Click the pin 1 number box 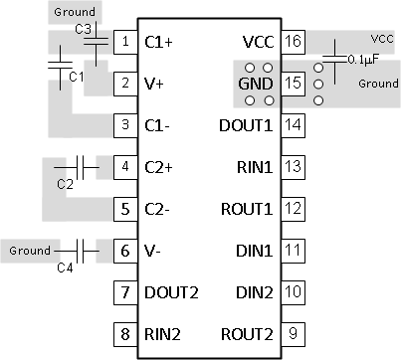click(x=125, y=43)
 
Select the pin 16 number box click(x=294, y=42)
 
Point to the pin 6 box click(x=125, y=251)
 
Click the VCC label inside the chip click(x=258, y=42)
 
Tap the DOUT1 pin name click(x=245, y=125)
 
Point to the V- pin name click(x=154, y=251)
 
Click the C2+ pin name click(x=159, y=167)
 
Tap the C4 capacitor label click(x=66, y=268)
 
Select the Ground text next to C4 click(x=30, y=252)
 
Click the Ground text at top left click(x=76, y=12)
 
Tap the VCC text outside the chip click(x=382, y=38)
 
